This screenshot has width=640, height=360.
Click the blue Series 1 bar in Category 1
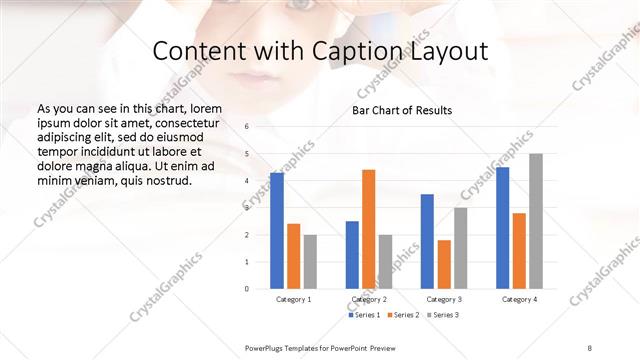coord(277,230)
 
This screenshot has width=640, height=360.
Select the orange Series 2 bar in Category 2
coord(368,229)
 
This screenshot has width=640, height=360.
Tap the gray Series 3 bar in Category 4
coord(536,221)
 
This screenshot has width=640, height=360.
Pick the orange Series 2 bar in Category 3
coord(444,264)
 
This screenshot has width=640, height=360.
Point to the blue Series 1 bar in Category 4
coord(503,227)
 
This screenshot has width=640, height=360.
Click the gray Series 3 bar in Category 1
coord(310,261)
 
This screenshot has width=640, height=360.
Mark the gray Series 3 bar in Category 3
coord(460,248)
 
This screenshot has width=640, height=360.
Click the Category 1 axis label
coord(293,299)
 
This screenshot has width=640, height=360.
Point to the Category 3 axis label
coord(444,299)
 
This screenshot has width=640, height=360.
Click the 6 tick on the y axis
coord(247,127)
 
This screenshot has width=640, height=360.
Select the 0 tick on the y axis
coord(247,288)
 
